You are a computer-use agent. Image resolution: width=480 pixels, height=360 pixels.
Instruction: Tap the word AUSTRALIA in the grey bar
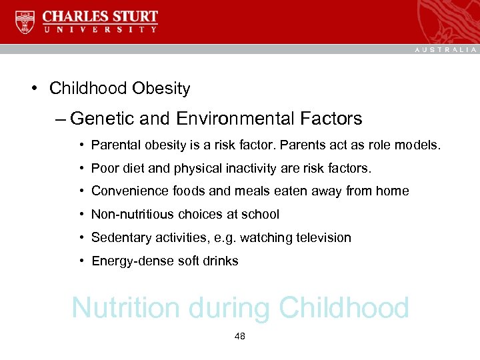coord(446,50)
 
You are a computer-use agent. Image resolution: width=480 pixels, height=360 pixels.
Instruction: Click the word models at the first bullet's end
coord(421,145)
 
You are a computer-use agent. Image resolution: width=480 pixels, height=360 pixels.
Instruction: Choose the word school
coord(262,215)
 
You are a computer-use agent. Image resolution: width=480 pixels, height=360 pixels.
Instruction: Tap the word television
coord(323,238)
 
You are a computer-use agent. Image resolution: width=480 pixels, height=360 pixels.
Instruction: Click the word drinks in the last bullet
coord(221,261)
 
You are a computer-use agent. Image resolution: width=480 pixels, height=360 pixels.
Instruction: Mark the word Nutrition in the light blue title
coord(126,308)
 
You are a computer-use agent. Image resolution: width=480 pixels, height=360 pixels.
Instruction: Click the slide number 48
coord(240,337)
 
